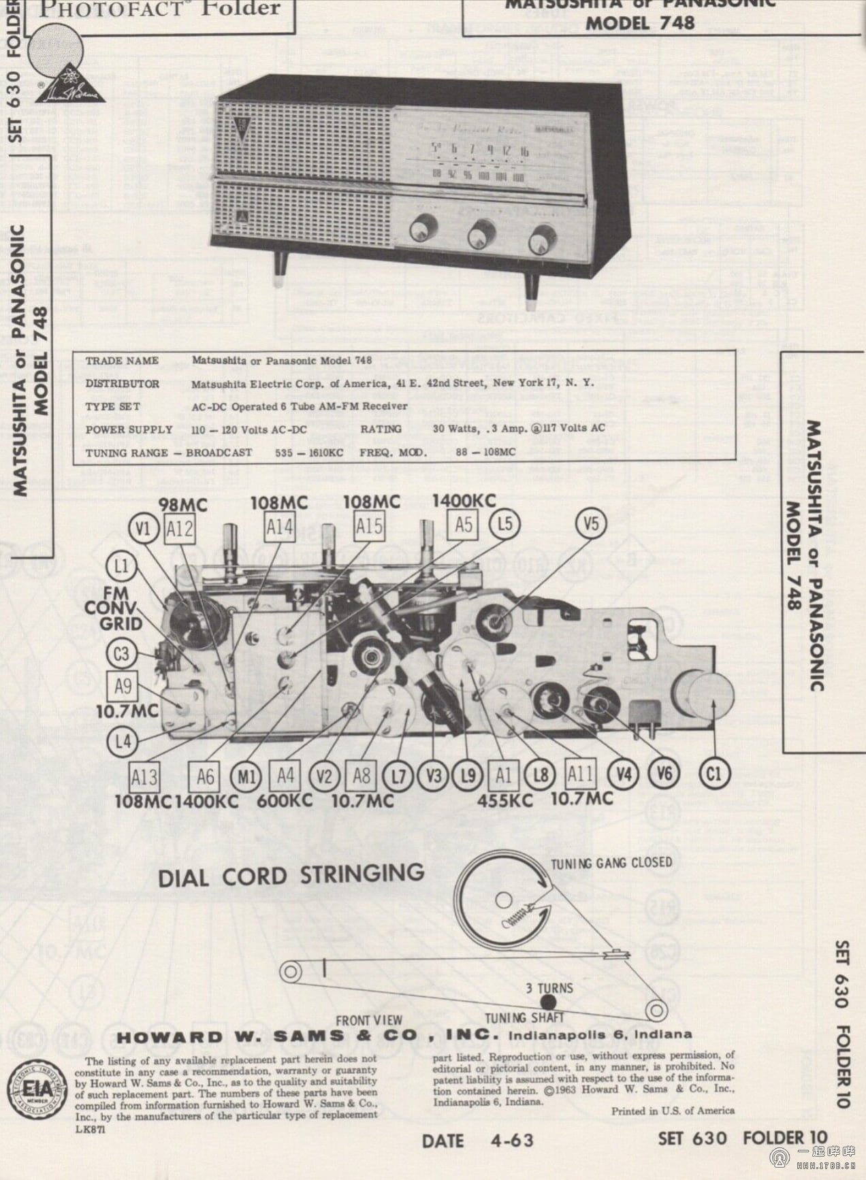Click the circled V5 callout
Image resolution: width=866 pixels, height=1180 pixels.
click(591, 524)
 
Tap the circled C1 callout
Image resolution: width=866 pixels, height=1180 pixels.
click(713, 774)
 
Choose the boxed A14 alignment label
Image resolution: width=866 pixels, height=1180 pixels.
click(279, 526)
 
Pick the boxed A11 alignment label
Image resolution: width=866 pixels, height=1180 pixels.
click(581, 774)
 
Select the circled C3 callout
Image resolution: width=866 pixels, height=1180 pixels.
click(121, 655)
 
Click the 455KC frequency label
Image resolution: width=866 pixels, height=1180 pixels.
click(504, 800)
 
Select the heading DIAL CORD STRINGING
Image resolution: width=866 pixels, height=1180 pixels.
click(291, 875)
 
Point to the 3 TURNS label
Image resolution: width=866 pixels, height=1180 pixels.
click(549, 987)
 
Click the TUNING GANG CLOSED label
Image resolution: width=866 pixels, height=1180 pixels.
click(611, 863)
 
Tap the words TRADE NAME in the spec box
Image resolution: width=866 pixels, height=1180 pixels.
click(122, 361)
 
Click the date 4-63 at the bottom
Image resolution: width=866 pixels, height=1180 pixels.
click(477, 1141)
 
